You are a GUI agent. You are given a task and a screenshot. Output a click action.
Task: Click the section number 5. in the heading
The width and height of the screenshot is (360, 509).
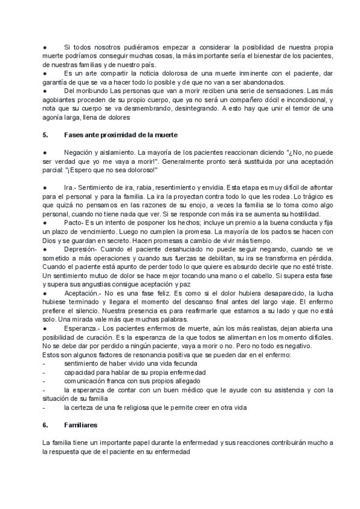45,136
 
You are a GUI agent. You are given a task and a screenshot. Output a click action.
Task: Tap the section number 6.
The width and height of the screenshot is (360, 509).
45,425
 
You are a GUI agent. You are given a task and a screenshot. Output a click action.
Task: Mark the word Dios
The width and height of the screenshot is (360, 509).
50,240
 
